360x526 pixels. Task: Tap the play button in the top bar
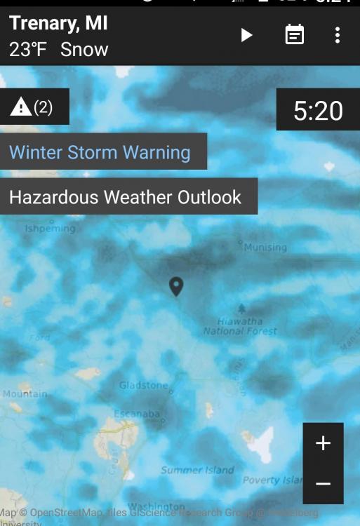point(246,35)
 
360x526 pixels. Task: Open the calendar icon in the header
point(295,35)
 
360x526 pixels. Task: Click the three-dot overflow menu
point(338,35)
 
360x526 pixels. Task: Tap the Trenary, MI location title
point(59,23)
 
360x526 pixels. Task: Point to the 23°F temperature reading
point(29,50)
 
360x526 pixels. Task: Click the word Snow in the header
point(84,50)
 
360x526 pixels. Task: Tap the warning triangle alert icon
point(21,107)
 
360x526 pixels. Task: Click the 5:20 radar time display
point(318,111)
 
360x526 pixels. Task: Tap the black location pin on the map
point(176,285)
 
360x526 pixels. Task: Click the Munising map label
point(265,247)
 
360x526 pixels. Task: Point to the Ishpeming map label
point(50,229)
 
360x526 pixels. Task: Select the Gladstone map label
point(144,386)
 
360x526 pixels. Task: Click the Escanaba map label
point(137,414)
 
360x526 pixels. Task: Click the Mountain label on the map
point(24,394)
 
